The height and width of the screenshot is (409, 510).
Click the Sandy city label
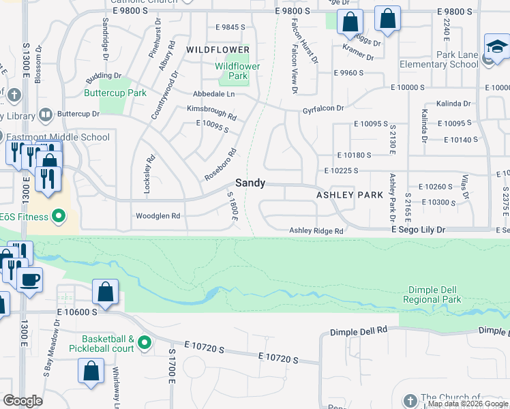pyautogui.click(x=250, y=183)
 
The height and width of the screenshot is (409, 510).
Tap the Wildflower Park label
pyautogui.click(x=238, y=71)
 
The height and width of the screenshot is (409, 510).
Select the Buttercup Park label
pyautogui.click(x=115, y=93)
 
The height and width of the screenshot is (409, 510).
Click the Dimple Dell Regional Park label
pyautogui.click(x=432, y=294)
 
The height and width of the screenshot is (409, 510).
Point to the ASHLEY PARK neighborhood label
pyautogui.click(x=350, y=195)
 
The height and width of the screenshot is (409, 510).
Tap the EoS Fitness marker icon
pyautogui.click(x=59, y=217)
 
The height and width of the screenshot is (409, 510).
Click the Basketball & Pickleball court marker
pyautogui.click(x=144, y=342)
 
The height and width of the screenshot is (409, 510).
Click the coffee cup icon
pyautogui.click(x=29, y=279)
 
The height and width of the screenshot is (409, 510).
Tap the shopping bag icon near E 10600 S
pyautogui.click(x=106, y=292)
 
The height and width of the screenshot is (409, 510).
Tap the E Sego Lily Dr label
pyautogui.click(x=418, y=230)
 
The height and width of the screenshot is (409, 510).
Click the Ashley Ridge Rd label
pyautogui.click(x=316, y=231)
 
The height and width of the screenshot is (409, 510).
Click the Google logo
pyautogui.click(x=23, y=401)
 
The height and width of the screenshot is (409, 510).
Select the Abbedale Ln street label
pyautogui.click(x=213, y=93)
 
